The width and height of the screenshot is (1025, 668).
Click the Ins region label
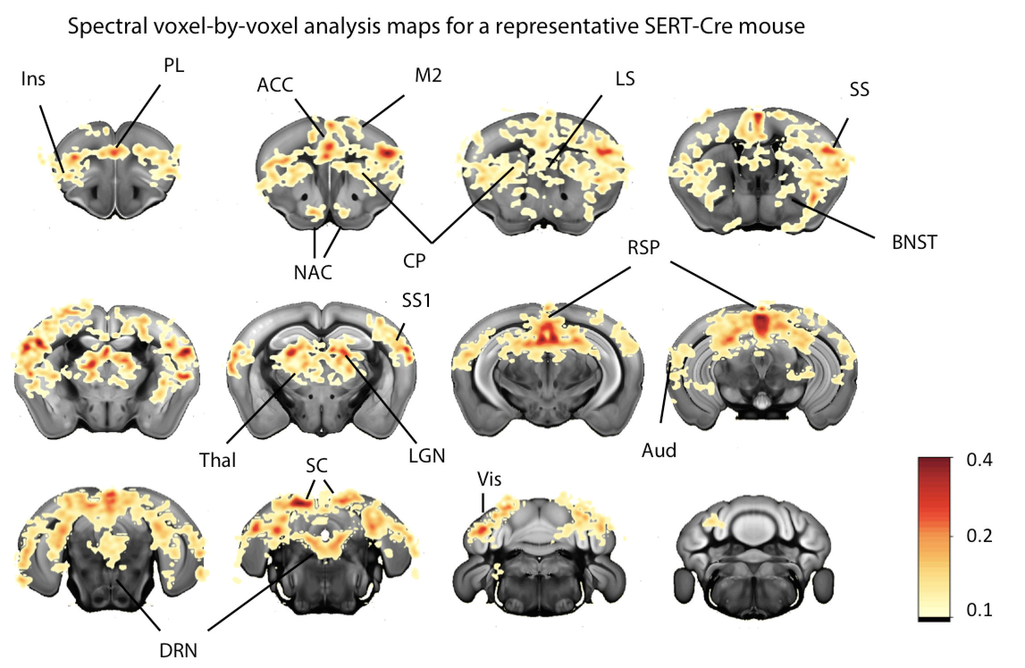point(33,80)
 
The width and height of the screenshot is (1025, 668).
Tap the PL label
point(174,66)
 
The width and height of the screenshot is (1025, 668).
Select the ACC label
point(275,85)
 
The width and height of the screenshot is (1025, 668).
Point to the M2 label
point(428,76)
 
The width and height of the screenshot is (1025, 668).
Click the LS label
point(625,79)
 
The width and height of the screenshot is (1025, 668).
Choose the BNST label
point(914,243)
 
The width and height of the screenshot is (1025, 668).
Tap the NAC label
point(313,272)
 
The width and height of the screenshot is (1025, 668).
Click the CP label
point(414,260)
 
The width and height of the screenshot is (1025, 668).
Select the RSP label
point(643,248)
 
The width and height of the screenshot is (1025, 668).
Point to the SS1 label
point(416,300)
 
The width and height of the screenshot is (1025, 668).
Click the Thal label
point(217,460)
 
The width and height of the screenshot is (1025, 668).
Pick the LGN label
point(427,456)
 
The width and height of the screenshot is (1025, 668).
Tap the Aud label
point(659,450)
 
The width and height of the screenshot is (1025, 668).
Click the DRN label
point(178,651)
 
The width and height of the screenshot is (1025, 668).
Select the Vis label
point(489,479)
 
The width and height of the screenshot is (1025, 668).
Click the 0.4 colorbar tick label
point(979,460)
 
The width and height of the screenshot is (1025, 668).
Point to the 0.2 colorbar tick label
point(979,536)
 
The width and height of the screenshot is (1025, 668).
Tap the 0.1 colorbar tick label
point(979,610)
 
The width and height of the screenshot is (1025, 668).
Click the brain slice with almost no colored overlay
point(753,556)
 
